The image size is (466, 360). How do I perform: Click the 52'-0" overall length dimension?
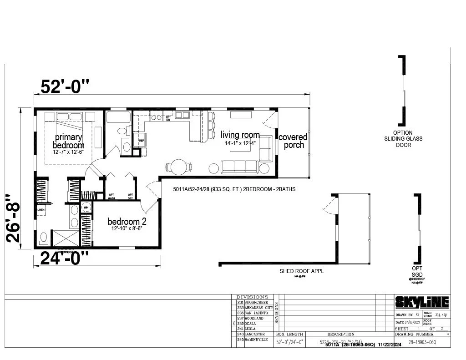65,86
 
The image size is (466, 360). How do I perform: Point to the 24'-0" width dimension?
64,258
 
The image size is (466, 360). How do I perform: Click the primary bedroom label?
68,141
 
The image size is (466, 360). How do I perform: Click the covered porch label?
293,141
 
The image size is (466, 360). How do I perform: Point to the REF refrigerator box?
141,141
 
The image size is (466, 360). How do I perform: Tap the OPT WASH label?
111,197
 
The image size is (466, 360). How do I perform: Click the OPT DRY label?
130,197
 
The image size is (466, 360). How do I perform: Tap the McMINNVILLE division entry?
257,340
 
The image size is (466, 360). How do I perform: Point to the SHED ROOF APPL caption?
302,271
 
